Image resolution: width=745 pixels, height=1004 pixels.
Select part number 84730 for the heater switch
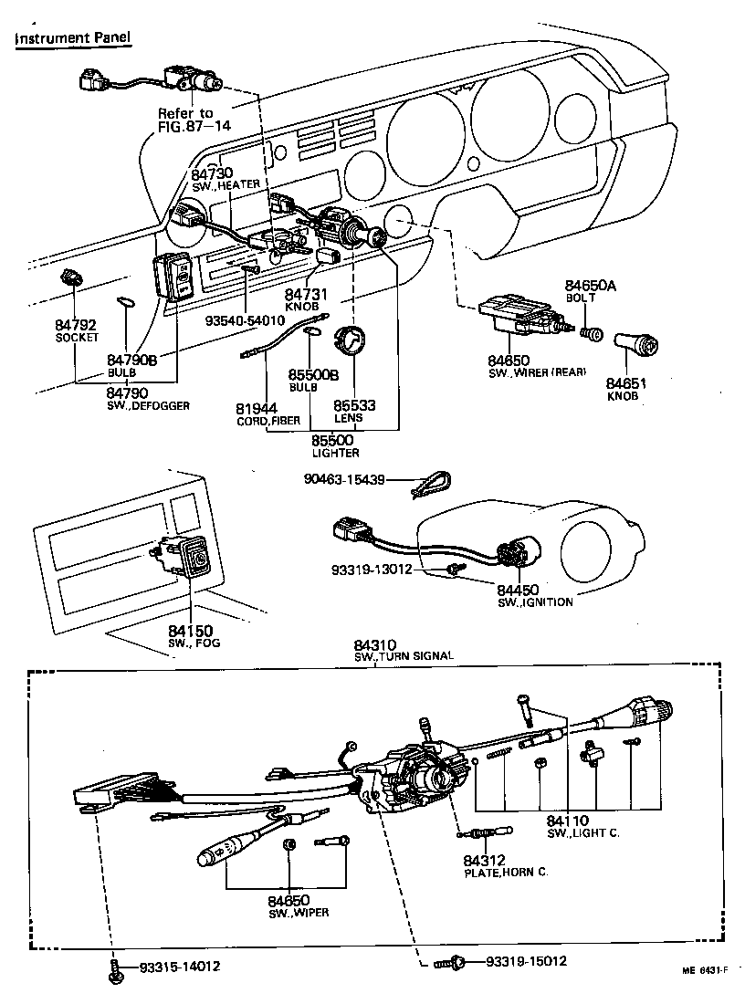coord(212,173)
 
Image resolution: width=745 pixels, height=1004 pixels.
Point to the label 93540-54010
coord(246,320)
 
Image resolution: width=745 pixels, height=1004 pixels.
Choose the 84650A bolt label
coord(591,286)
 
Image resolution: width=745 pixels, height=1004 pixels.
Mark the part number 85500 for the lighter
coord(335,440)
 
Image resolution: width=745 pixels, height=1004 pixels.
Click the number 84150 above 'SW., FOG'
coord(189,630)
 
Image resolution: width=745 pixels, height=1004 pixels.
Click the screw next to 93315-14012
coord(113,969)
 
